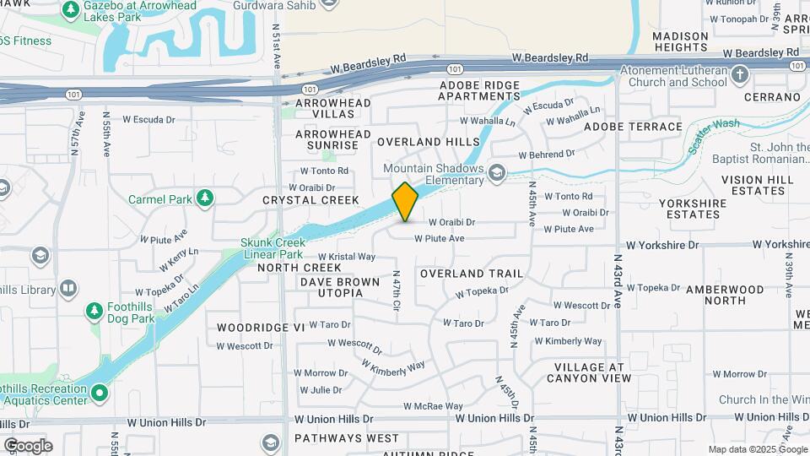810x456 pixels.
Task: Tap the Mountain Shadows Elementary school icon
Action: tap(497, 173)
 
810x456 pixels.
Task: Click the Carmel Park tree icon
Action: tap(204, 198)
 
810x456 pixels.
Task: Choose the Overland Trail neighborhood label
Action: tap(471, 274)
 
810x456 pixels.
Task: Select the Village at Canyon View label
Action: tap(592, 372)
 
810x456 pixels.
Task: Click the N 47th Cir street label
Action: tap(396, 289)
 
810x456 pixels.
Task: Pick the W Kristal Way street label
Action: tap(346, 257)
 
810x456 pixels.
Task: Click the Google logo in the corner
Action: tap(27, 445)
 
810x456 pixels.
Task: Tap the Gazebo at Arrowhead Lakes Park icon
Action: tap(72, 11)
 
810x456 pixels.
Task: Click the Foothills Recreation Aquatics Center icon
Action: tap(100, 393)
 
